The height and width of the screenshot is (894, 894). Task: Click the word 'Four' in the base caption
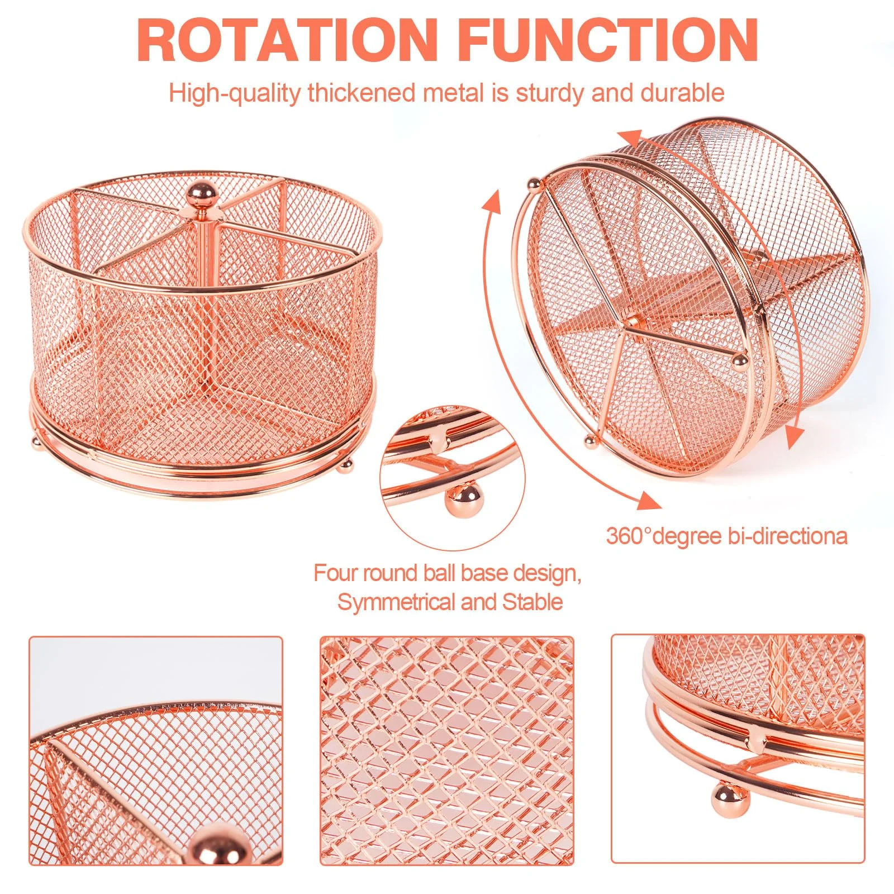pyautogui.click(x=335, y=573)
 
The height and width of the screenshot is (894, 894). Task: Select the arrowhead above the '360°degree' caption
pyautogui.click(x=649, y=500)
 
